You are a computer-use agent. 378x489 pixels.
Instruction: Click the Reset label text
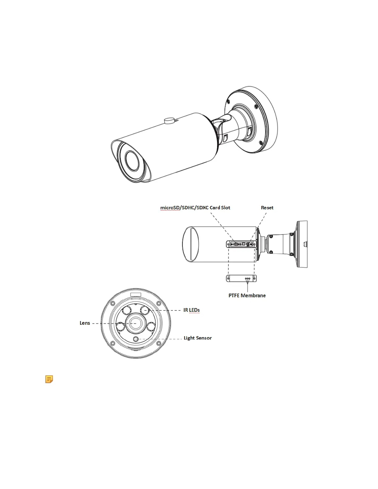click(x=267, y=208)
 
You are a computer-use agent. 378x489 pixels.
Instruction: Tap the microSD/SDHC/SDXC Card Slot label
click(x=195, y=208)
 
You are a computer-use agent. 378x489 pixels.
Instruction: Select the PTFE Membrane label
click(x=247, y=295)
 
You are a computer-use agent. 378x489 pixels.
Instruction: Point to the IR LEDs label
click(x=191, y=310)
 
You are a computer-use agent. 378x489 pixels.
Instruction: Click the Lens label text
click(x=85, y=323)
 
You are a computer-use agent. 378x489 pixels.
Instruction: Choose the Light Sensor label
click(x=198, y=338)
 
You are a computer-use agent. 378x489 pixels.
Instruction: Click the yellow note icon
click(x=49, y=379)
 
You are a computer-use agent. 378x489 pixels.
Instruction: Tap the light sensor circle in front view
click(x=136, y=339)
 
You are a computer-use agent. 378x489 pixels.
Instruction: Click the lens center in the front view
click(x=136, y=323)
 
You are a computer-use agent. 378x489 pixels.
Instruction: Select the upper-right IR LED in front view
click(x=145, y=310)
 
